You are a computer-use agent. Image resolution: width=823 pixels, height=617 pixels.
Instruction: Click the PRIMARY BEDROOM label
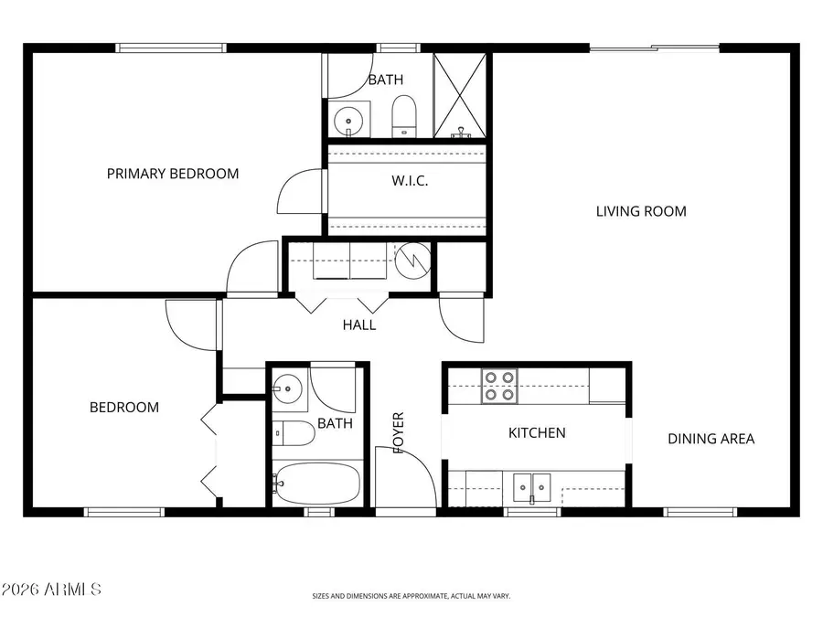point(173,174)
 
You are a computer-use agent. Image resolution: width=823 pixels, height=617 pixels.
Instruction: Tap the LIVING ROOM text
point(641,211)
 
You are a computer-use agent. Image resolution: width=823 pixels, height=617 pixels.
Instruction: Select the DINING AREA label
point(711,439)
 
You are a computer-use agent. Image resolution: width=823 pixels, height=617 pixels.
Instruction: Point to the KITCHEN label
point(537,432)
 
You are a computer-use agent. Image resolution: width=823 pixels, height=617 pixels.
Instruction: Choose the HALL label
point(358,324)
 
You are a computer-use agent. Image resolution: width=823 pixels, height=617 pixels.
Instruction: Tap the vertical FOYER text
point(398,432)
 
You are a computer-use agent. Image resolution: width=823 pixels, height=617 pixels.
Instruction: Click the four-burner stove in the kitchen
point(499,386)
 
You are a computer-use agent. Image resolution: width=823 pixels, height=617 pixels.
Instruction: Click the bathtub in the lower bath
point(316,483)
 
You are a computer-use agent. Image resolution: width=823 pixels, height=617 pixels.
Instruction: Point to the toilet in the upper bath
point(403,116)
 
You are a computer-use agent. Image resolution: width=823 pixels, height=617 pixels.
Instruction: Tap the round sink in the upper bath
point(347,120)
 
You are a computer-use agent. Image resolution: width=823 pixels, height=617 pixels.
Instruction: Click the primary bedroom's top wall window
point(171,48)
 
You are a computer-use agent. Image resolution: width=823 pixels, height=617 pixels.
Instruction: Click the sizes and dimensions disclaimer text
point(411,596)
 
